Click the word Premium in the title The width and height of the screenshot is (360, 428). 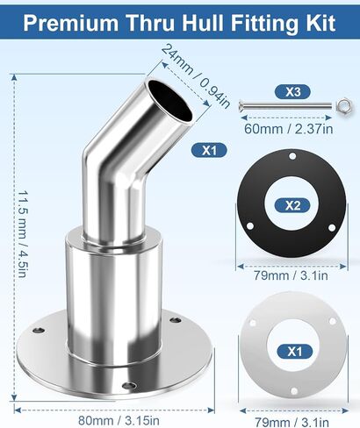point(70,23)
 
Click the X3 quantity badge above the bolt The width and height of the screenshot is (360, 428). point(292,92)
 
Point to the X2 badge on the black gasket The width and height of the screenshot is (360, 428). point(292,205)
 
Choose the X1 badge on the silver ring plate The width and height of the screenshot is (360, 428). point(295,351)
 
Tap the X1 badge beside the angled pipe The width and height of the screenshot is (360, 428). point(209,150)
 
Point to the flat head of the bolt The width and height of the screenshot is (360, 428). point(241,104)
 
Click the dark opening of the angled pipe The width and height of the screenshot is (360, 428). point(170,100)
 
